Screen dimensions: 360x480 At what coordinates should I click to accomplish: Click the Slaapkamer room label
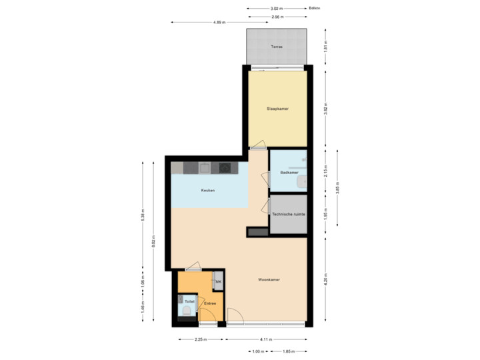point(277,108)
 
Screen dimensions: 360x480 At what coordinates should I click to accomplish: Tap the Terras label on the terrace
point(277,47)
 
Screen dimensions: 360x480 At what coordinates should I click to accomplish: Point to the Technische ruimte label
point(289,214)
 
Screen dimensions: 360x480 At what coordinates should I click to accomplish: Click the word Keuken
point(208,191)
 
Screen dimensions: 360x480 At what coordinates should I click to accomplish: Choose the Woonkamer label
point(269,279)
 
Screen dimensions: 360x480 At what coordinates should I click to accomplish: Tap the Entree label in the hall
point(209,303)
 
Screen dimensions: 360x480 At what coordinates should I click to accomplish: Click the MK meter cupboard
point(217,283)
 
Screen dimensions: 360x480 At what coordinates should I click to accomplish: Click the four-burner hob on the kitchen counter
point(226,167)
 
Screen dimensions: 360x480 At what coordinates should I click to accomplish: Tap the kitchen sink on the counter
point(205,167)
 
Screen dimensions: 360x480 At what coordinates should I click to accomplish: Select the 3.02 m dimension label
point(276,9)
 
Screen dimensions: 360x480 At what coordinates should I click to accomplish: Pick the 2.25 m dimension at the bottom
point(198,339)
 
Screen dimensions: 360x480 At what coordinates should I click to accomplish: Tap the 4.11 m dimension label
point(266,339)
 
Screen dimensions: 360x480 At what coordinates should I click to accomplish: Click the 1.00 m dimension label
point(257,351)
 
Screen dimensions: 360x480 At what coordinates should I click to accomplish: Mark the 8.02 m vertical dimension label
point(154,241)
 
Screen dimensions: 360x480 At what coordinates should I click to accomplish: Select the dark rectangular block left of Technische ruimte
point(257,232)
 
